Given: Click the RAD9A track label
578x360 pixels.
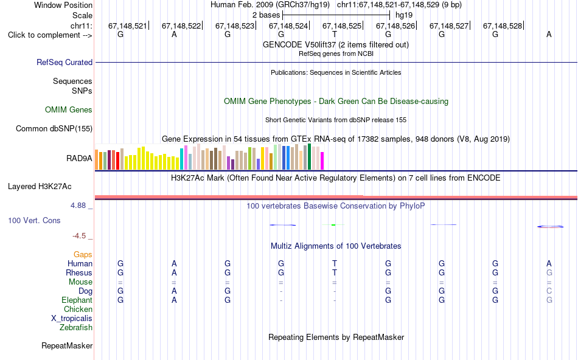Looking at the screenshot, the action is (x=79, y=159).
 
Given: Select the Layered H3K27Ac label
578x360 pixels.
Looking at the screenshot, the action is (x=40, y=187).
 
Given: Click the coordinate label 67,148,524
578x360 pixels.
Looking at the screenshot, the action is (x=288, y=26).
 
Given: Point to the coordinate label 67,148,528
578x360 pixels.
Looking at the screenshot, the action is (x=503, y=26).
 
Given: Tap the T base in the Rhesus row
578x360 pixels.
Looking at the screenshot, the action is (x=335, y=272).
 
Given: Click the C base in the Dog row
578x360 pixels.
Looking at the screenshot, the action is (x=549, y=291).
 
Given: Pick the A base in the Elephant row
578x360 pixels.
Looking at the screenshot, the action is (x=174, y=300).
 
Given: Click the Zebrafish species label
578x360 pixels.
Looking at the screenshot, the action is (x=76, y=327).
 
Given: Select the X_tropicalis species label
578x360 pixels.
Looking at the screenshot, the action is (x=72, y=319).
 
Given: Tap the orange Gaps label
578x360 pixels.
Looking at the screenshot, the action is (x=83, y=255).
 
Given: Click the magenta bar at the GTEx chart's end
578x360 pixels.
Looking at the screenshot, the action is (x=322, y=161).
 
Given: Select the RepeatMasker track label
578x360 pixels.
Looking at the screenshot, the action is (x=67, y=345).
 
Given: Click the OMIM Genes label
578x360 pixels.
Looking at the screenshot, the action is (x=69, y=110).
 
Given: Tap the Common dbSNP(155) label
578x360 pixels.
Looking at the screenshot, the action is (x=54, y=128).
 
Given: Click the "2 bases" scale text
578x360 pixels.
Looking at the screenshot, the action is (x=266, y=15).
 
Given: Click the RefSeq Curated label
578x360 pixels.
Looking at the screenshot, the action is (x=64, y=62).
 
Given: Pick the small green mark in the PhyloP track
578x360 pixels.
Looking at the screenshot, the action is (x=333, y=225).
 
